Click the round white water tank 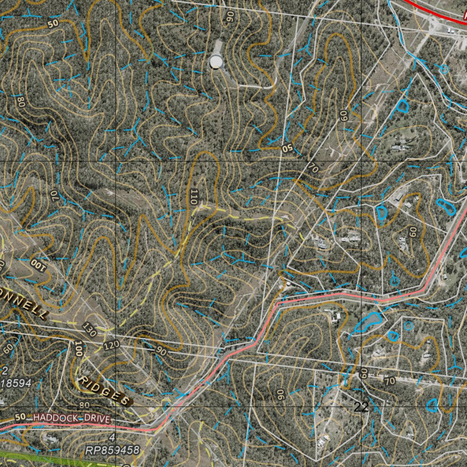[x=216, y=61]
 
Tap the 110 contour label [x=195, y=196]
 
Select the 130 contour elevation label [x=90, y=329]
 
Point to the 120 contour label [x=111, y=345]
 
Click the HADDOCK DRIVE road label [x=72, y=417]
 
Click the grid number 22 [x=361, y=407]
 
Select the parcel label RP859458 [x=112, y=451]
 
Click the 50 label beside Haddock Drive [x=21, y=417]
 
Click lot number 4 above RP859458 [x=112, y=438]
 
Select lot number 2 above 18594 [x=5, y=370]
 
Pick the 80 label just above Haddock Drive [x=84, y=405]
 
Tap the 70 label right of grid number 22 [x=389, y=381]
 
